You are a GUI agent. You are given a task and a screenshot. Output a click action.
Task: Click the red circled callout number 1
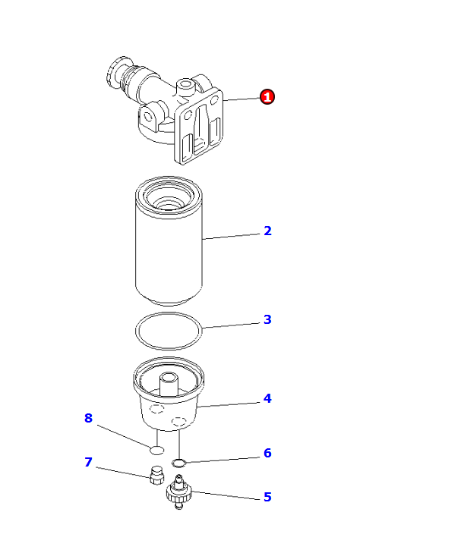(267, 96)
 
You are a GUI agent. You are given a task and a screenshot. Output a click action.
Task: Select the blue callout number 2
(267, 231)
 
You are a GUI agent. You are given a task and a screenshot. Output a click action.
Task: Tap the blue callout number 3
(267, 319)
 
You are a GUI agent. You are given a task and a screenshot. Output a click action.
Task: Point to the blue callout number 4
(267, 398)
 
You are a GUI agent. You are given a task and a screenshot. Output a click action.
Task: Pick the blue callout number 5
(267, 497)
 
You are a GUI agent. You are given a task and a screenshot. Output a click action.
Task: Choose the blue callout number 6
(267, 453)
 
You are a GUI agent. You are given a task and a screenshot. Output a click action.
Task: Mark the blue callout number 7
(88, 462)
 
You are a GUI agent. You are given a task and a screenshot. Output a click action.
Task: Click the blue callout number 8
(88, 418)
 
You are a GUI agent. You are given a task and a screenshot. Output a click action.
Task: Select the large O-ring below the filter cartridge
(136, 331)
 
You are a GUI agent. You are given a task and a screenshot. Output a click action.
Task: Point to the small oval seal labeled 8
(156, 450)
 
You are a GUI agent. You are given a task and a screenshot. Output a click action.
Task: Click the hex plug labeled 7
(156, 476)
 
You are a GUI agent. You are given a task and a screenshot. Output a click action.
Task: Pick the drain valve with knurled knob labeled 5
(178, 492)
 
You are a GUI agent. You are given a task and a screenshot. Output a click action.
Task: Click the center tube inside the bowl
(169, 385)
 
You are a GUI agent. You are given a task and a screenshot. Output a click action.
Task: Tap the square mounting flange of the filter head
(199, 126)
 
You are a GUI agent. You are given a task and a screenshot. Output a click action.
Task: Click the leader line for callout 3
(231, 325)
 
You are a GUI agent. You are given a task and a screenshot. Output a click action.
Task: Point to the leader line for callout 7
(124, 473)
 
